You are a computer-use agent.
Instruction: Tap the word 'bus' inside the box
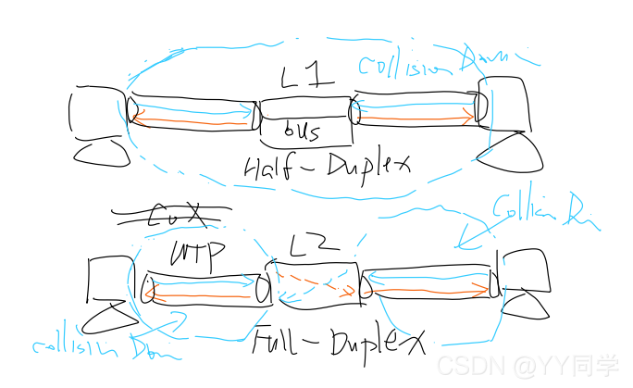302,131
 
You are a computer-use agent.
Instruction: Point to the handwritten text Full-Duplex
337,342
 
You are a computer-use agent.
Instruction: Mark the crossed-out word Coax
171,216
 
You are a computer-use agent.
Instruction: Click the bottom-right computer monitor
523,270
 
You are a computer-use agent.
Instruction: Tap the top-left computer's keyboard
100,150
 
